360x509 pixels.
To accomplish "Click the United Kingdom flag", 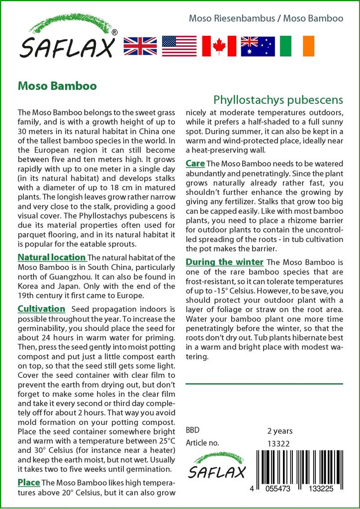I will tap(140, 46).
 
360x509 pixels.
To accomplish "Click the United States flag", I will tap(180, 46).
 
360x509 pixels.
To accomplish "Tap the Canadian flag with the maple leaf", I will tap(219, 46).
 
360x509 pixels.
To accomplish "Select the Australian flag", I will tap(258, 46).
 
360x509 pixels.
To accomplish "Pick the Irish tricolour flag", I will tap(297, 46).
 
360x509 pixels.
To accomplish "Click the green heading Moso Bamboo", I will tap(57, 85).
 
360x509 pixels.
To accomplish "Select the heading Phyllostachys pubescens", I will tap(278, 99).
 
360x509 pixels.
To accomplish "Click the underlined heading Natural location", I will tap(52, 257).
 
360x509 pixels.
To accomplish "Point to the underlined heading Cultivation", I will tap(41, 309).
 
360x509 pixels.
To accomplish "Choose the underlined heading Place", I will tap(29, 482).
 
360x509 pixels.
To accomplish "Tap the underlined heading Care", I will tap(195, 164).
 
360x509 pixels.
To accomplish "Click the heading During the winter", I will tap(225, 262).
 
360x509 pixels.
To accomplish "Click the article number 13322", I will tap(278, 443).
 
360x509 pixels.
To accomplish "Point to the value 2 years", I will tap(280, 430).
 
